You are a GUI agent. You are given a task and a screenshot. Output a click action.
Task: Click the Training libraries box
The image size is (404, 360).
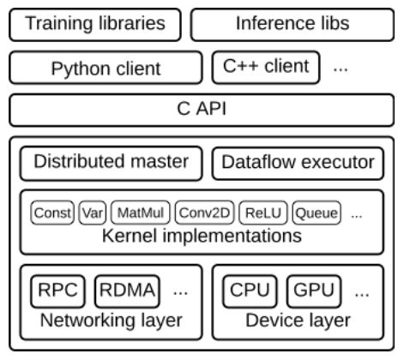(95, 25)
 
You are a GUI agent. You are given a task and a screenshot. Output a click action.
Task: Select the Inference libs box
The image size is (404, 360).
(292, 25)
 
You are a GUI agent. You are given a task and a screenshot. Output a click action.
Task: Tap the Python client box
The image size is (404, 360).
(106, 68)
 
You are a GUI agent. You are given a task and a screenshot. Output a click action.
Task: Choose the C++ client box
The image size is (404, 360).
(266, 68)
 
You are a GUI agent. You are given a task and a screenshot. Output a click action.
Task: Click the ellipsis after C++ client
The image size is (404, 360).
(341, 69)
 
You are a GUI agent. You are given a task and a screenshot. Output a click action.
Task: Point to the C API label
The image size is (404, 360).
(202, 109)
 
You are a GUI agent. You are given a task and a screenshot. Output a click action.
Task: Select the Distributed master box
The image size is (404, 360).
(111, 164)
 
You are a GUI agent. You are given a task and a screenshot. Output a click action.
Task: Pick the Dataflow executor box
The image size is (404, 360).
(298, 164)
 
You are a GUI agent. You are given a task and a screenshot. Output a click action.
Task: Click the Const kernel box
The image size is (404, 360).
(52, 213)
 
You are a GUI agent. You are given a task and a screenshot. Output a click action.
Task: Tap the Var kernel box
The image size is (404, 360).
(93, 213)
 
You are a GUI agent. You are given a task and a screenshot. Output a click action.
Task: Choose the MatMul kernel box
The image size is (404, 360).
(141, 213)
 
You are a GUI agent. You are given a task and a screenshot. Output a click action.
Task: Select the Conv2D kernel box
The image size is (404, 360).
(204, 213)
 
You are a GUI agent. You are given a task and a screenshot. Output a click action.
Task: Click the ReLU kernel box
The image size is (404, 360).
(263, 213)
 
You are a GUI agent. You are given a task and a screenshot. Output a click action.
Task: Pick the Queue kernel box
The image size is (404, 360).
(317, 213)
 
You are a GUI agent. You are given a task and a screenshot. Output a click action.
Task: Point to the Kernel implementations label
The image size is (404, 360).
(202, 236)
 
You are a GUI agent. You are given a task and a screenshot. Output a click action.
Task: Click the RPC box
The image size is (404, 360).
(57, 291)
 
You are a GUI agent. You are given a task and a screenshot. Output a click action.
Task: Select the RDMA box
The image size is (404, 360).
(127, 291)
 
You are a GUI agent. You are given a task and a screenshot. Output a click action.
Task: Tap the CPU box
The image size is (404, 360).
(250, 291)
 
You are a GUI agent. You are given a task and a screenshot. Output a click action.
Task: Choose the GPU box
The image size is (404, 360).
(314, 291)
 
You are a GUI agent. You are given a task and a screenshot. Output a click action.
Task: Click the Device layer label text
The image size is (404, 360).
(298, 321)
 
